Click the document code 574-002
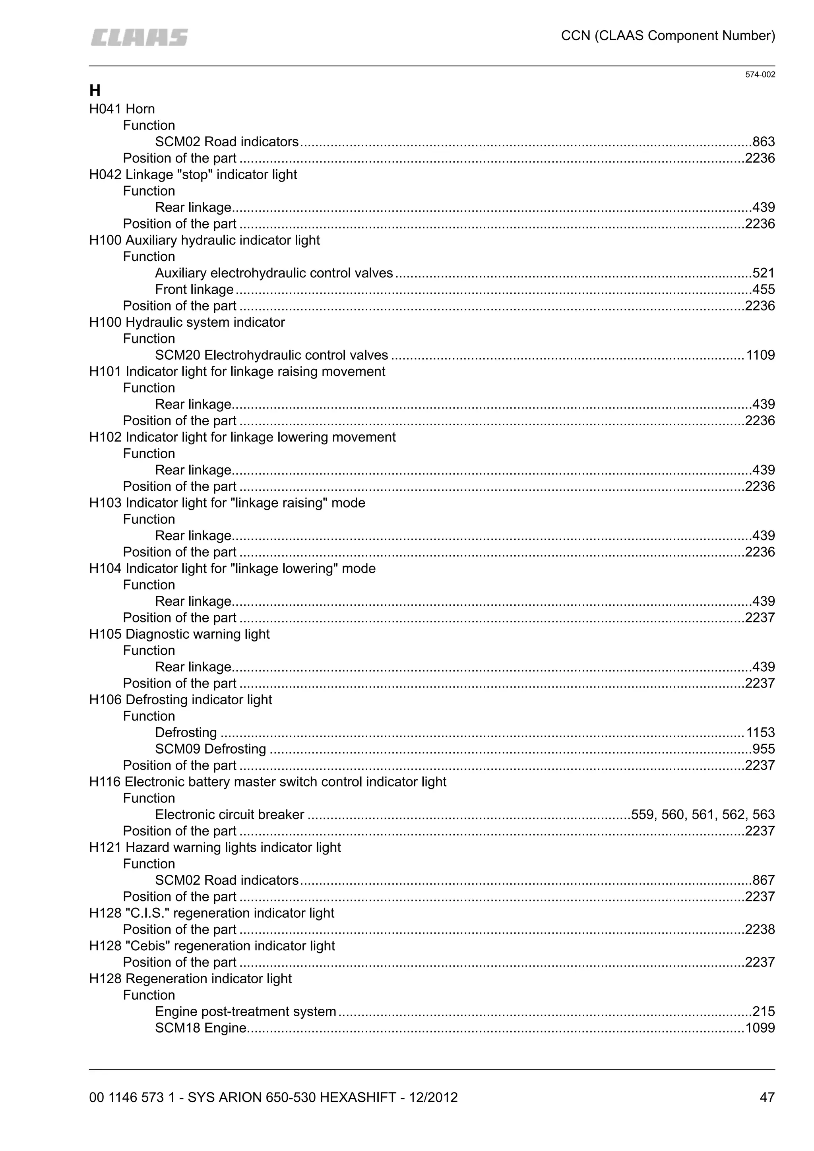point(760,75)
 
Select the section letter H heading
point(95,91)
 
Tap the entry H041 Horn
point(122,109)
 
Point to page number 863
point(764,142)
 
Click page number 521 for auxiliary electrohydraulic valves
point(764,273)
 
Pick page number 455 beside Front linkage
point(764,290)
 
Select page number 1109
point(760,355)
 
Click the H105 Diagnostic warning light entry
point(179,634)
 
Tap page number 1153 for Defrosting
point(760,733)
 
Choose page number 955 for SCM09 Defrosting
point(764,749)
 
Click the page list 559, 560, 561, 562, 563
point(703,815)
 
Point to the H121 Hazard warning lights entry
point(215,847)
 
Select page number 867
point(764,880)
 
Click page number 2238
point(760,929)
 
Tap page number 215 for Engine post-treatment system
point(764,1011)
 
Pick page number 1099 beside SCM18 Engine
point(760,1028)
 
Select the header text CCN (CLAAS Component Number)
point(668,36)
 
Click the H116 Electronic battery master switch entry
point(267,782)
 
